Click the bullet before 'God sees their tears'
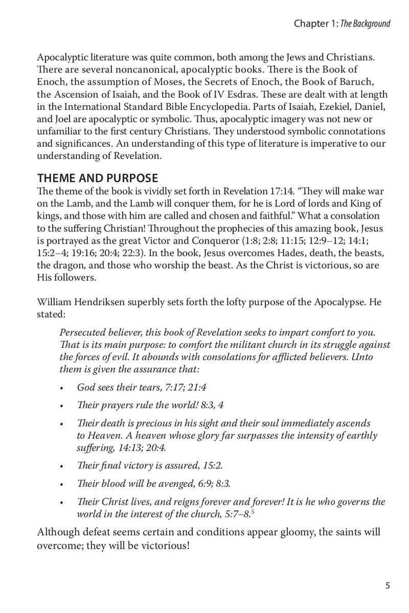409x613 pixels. pyautogui.click(x=61, y=388)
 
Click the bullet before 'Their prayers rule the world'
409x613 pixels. pyautogui.click(x=61, y=406)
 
